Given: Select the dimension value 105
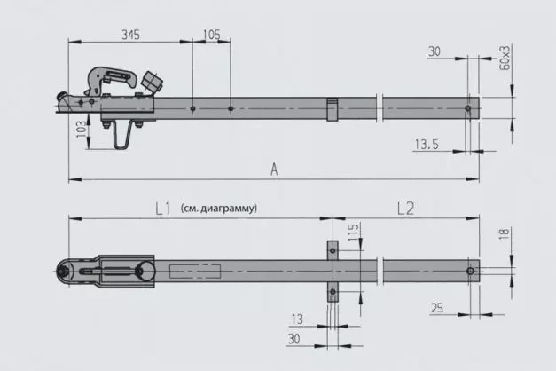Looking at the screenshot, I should [x=211, y=34].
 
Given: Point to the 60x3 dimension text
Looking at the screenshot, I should [x=505, y=57].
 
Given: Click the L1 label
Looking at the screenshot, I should [x=161, y=209].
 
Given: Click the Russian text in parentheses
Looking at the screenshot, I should [x=217, y=209].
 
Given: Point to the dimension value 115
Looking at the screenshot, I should [x=353, y=236].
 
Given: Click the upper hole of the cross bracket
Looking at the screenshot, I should [x=333, y=251].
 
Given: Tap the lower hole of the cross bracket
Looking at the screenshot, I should [x=333, y=288].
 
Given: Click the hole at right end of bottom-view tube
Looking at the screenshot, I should [x=469, y=270].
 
